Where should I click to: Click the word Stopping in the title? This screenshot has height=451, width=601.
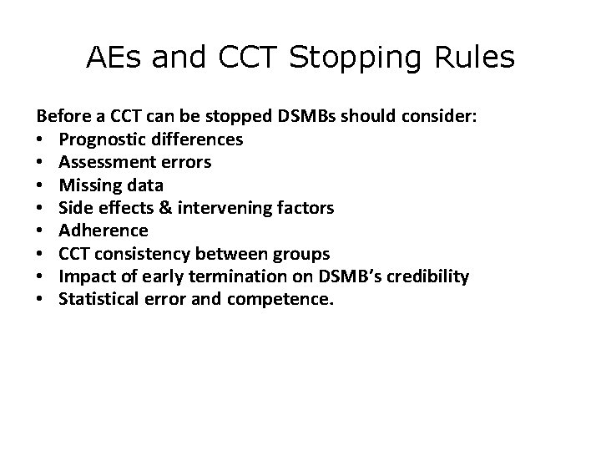pyautogui.click(x=361, y=58)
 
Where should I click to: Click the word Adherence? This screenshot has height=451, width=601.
pyautogui.click(x=104, y=230)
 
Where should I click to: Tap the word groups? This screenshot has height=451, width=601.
pyautogui.click(x=303, y=253)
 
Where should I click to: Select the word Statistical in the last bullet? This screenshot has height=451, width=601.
pyautogui.click(x=94, y=298)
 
